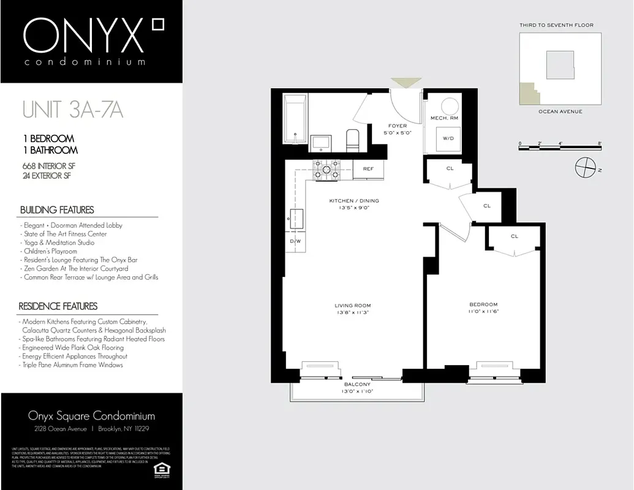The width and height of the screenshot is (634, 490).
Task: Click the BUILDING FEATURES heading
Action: pos(57,210)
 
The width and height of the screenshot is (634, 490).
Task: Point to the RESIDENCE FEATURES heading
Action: pos(58,306)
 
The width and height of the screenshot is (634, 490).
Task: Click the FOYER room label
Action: pos(398,126)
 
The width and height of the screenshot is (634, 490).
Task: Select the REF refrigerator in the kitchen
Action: pos(368,169)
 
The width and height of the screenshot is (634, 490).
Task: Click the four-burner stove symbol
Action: pos(326,169)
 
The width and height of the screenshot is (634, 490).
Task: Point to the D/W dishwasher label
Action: pos(295,241)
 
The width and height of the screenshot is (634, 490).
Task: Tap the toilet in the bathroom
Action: pos(352,140)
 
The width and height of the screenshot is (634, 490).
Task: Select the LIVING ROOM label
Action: pos(352,306)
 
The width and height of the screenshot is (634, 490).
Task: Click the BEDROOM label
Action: pos(483,304)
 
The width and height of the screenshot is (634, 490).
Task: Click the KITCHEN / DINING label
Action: pos(354,201)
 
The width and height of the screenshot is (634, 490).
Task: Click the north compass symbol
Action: pos(586,166)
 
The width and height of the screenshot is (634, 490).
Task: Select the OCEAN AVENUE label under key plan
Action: pos(560,111)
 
